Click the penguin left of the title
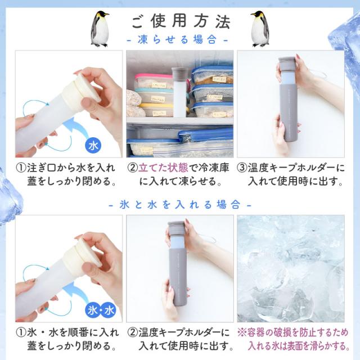[99, 29]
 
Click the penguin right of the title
[260, 29]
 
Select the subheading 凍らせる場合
[177, 40]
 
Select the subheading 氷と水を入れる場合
[180, 204]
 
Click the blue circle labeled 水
[93, 146]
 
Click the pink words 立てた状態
[163, 168]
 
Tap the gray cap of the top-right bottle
[286, 65]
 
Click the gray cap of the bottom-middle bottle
[176, 229]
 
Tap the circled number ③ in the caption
[242, 168]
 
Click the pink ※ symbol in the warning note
[242, 332]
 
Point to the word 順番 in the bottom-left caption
[80, 332]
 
